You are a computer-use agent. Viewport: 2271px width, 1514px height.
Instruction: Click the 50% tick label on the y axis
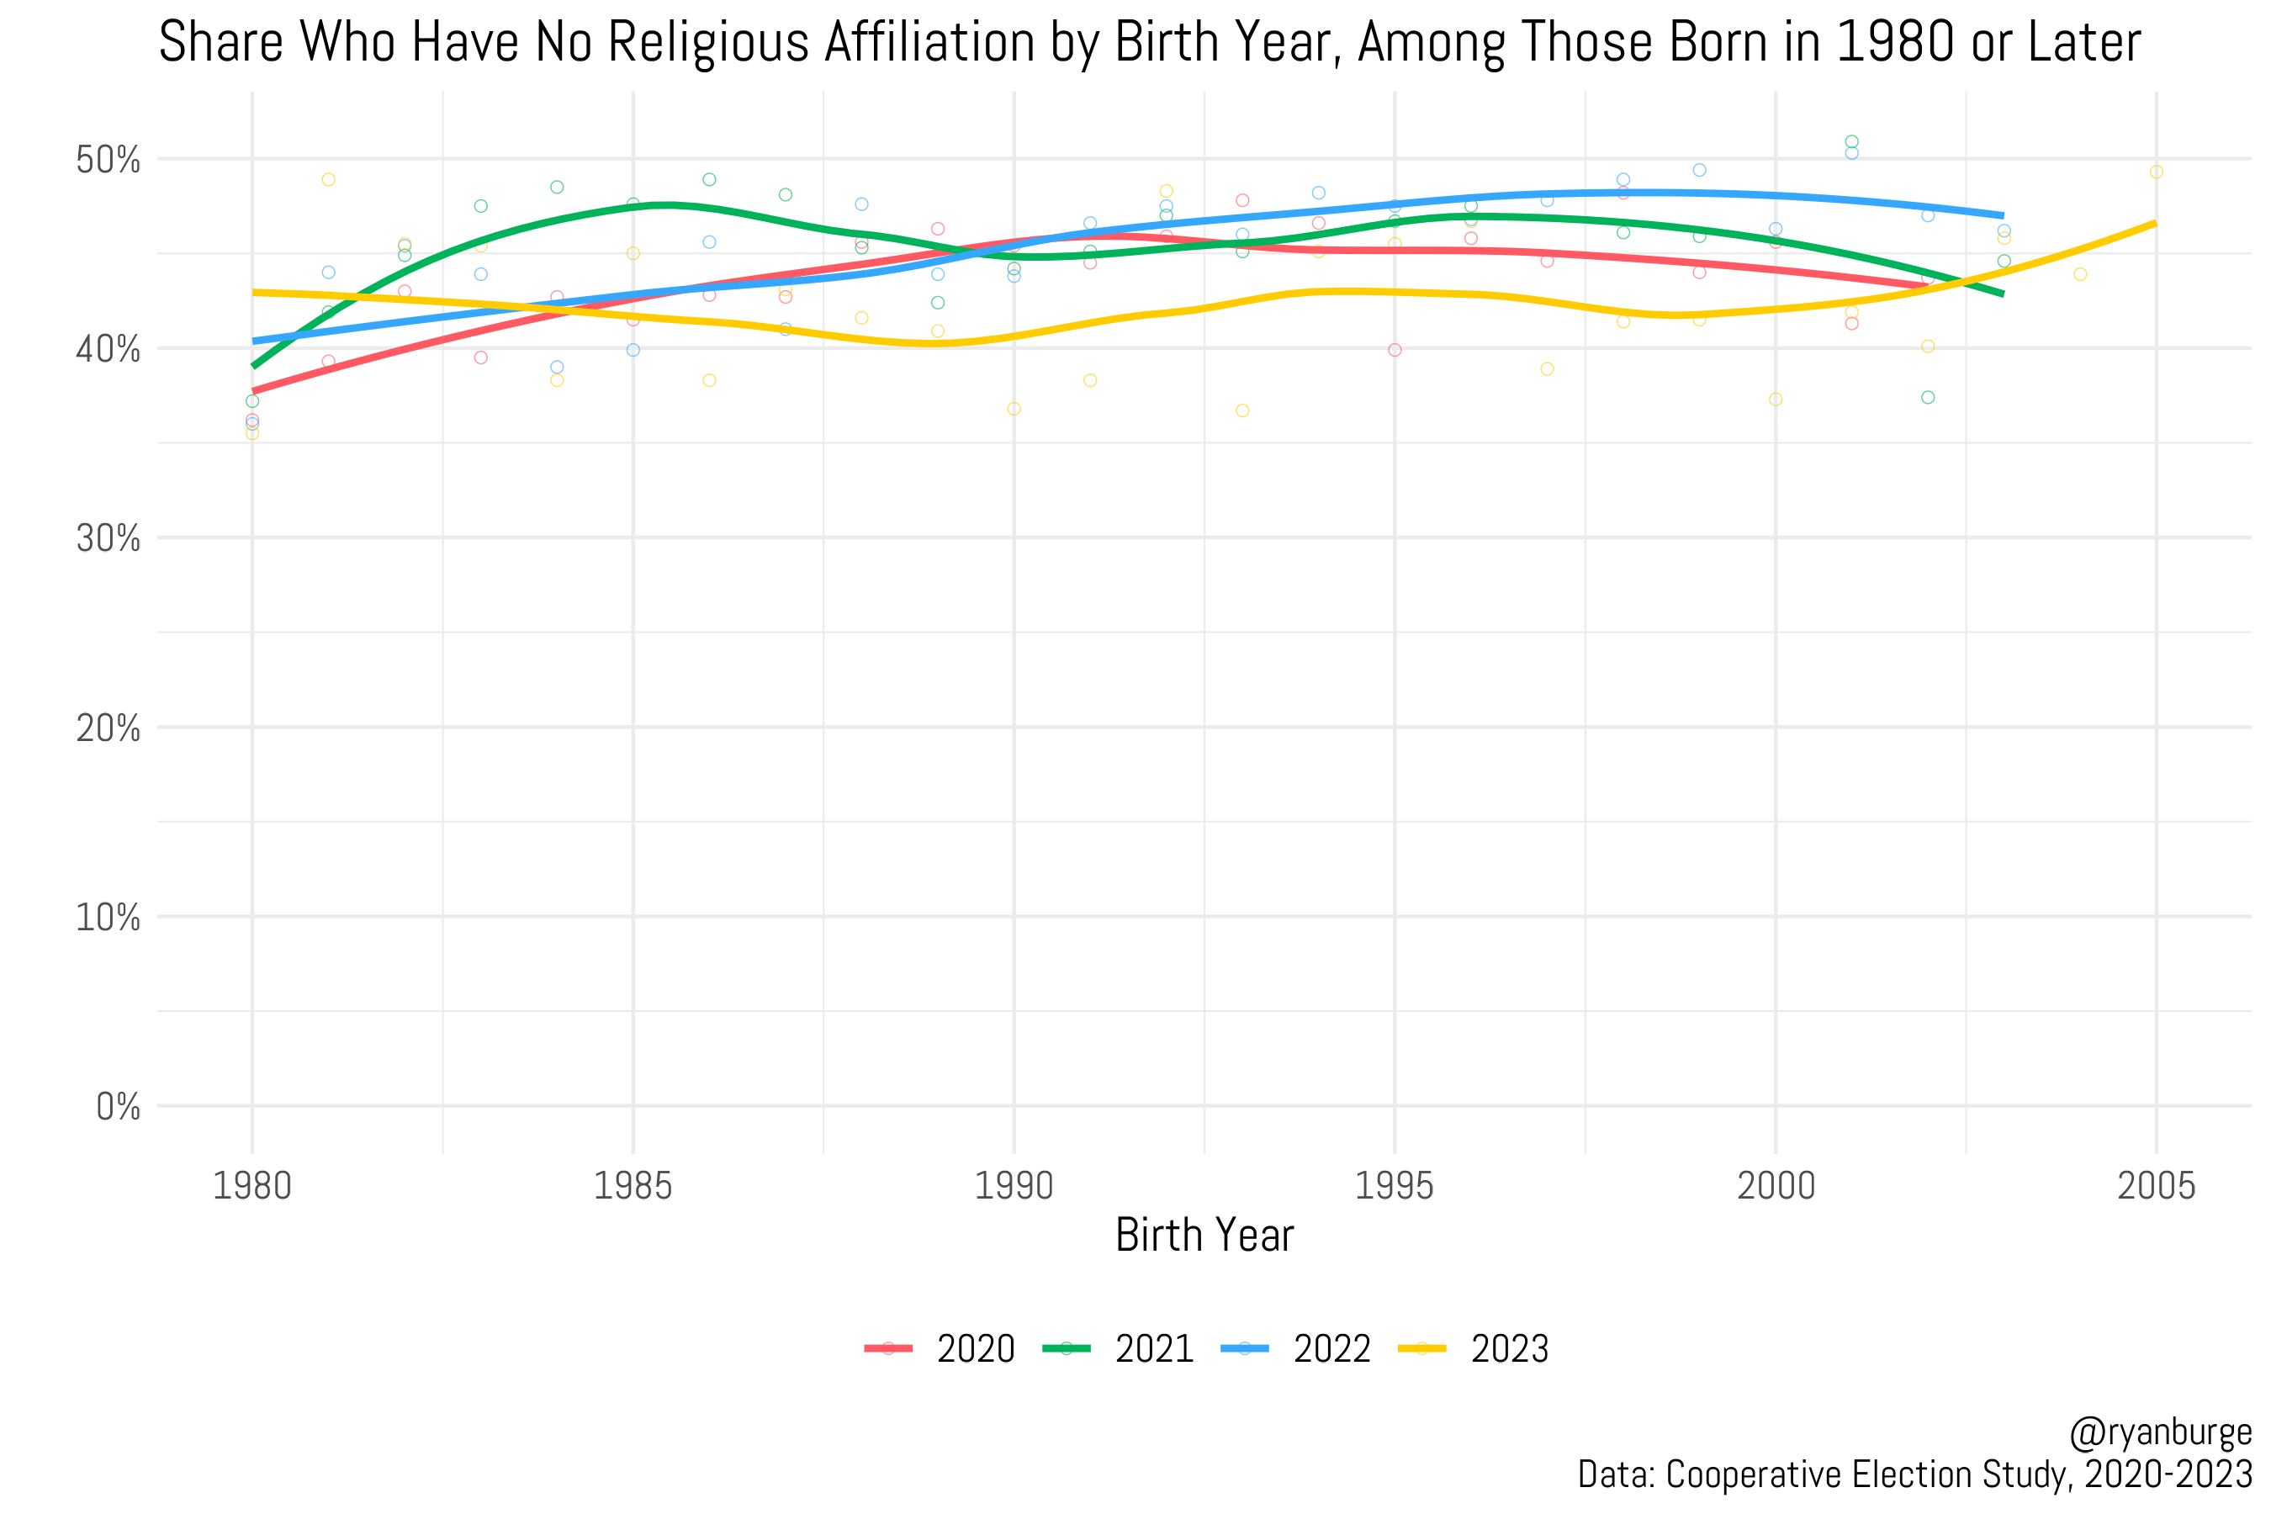(109, 161)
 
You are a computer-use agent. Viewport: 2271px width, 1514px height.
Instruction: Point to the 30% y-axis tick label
(109, 539)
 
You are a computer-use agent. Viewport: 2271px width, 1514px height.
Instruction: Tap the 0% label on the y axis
(118, 1107)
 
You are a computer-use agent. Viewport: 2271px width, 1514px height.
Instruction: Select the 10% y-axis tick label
(109, 918)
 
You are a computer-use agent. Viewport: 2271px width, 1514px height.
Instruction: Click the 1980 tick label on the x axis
(252, 1186)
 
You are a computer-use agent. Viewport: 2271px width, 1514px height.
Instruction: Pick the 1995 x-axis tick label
(1395, 1186)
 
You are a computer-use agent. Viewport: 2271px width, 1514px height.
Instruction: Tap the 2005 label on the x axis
(2156, 1186)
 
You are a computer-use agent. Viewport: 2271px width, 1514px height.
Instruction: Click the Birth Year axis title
(1204, 1235)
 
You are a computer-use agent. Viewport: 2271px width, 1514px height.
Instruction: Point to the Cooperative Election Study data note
(1914, 1475)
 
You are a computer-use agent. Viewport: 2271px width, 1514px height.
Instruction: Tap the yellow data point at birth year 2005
(2156, 172)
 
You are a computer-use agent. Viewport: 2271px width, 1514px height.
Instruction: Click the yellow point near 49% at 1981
(328, 180)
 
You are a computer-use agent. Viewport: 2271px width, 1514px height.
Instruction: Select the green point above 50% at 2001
(1852, 142)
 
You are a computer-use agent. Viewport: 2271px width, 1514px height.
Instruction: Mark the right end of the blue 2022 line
(2004, 215)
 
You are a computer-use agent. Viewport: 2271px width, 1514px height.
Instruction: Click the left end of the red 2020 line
(253, 391)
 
